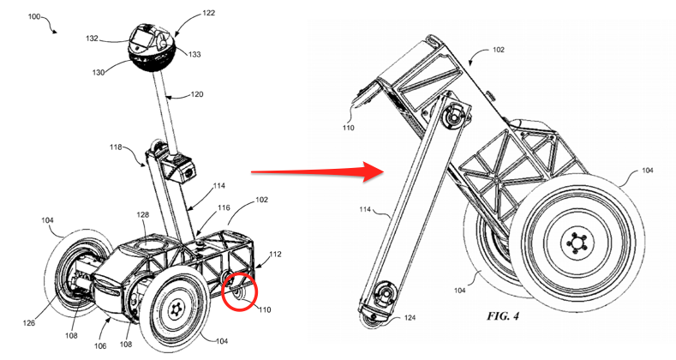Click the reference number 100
(34, 17)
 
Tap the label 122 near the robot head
(208, 14)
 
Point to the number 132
(92, 39)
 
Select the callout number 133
(194, 54)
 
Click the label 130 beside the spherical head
(99, 73)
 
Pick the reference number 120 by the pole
(196, 94)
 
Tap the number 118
(116, 147)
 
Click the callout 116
(224, 207)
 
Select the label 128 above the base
(143, 214)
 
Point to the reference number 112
(275, 254)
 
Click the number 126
(29, 323)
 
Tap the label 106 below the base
(100, 345)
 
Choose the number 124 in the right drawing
(410, 318)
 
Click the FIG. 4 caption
(503, 316)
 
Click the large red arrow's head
(374, 171)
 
